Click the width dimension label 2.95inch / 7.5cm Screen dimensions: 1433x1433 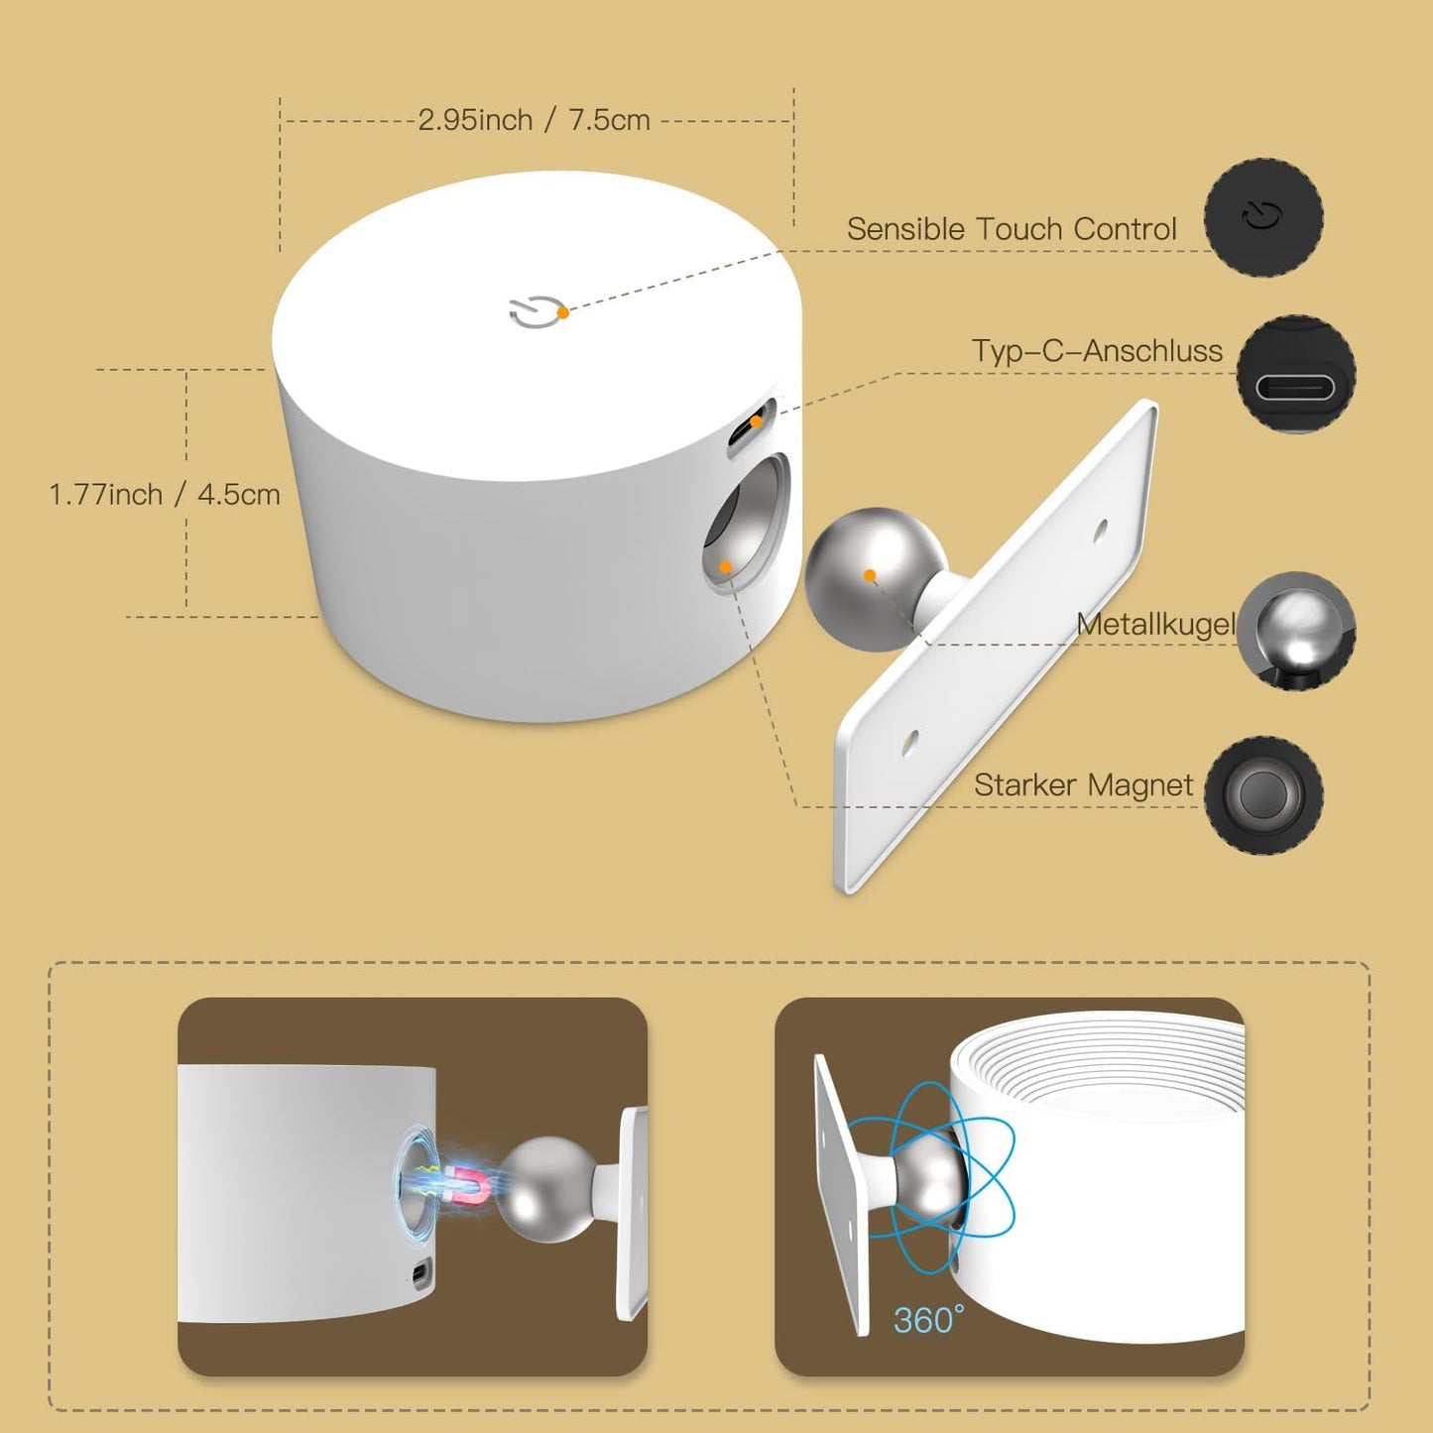(534, 120)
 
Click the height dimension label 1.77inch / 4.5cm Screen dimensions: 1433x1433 (165, 495)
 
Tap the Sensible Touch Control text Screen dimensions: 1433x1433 (1012, 229)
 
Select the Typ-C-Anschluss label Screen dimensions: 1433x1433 (1097, 350)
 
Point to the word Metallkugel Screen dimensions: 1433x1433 (1156, 625)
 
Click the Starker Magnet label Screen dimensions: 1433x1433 (1084, 785)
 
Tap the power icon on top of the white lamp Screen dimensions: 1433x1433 (534, 311)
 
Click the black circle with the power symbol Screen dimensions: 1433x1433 (1263, 217)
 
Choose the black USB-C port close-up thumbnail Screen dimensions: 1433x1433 (1295, 374)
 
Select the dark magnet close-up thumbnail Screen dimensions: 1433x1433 (1263, 795)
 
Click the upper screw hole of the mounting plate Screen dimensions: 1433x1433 (1101, 531)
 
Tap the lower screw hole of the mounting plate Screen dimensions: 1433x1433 (908, 743)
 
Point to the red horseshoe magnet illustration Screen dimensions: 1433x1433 (468, 1187)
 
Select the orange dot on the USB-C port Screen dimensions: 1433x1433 (756, 421)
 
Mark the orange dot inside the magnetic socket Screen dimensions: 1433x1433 (725, 567)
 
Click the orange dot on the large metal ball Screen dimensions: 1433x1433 (870, 575)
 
